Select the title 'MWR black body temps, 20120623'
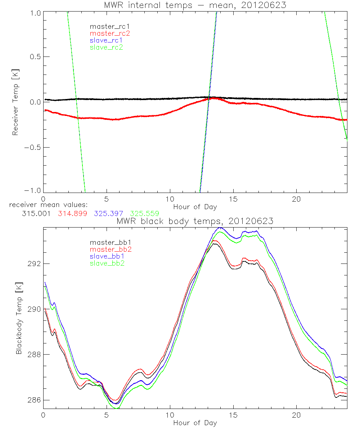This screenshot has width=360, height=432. tap(195, 221)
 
